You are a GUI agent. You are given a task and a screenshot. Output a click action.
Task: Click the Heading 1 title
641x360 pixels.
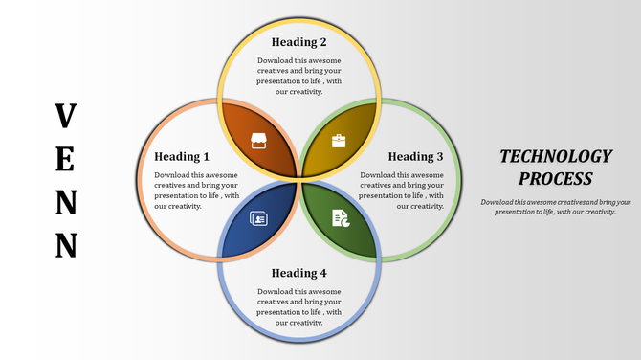click(x=182, y=156)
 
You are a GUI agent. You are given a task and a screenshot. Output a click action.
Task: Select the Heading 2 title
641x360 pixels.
click(x=298, y=42)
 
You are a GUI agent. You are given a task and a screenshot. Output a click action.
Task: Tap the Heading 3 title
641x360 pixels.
click(x=415, y=156)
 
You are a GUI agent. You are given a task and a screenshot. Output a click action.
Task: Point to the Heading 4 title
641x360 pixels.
click(x=298, y=273)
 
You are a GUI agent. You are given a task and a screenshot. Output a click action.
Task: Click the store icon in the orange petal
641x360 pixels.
click(x=258, y=141)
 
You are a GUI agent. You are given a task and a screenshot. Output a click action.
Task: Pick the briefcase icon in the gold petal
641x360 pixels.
click(x=339, y=141)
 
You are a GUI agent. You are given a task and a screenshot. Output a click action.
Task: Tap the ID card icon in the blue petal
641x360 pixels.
click(x=258, y=218)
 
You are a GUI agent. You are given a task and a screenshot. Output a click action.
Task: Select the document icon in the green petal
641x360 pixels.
click(x=340, y=218)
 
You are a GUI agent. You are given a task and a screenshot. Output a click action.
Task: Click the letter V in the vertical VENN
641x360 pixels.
click(x=65, y=116)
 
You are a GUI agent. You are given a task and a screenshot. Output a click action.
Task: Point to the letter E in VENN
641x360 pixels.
click(x=65, y=159)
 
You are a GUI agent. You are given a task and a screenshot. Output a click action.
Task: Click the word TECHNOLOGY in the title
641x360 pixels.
click(x=556, y=156)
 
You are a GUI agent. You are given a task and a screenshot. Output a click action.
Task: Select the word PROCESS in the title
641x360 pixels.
click(x=556, y=179)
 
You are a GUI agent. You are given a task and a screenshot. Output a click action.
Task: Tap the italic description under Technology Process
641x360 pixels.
click(x=556, y=207)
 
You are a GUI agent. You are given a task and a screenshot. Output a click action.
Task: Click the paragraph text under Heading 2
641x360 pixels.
click(x=298, y=76)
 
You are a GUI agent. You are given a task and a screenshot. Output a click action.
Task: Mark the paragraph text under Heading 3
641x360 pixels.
click(x=403, y=190)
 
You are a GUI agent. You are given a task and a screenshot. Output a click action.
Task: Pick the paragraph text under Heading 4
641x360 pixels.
click(x=298, y=306)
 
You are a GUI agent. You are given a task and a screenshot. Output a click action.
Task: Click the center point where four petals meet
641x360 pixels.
click(x=299, y=179)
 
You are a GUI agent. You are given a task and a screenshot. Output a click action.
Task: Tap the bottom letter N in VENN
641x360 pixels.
click(x=65, y=245)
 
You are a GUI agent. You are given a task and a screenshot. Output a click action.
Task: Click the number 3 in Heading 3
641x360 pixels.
click(x=439, y=156)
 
